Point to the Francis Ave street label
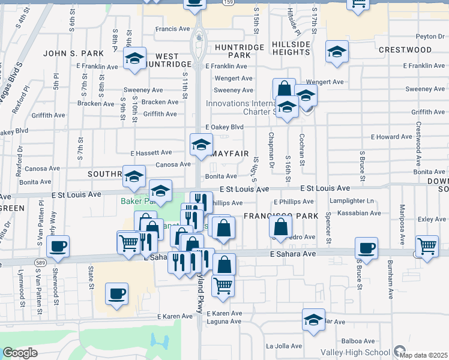[x=172, y=29]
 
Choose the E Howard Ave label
[x=391, y=137]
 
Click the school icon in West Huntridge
[x=135, y=59]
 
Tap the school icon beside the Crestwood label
[x=337, y=52]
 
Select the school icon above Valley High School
[x=313, y=320]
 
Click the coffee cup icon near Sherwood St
[x=58, y=246]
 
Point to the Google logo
[x=20, y=353]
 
